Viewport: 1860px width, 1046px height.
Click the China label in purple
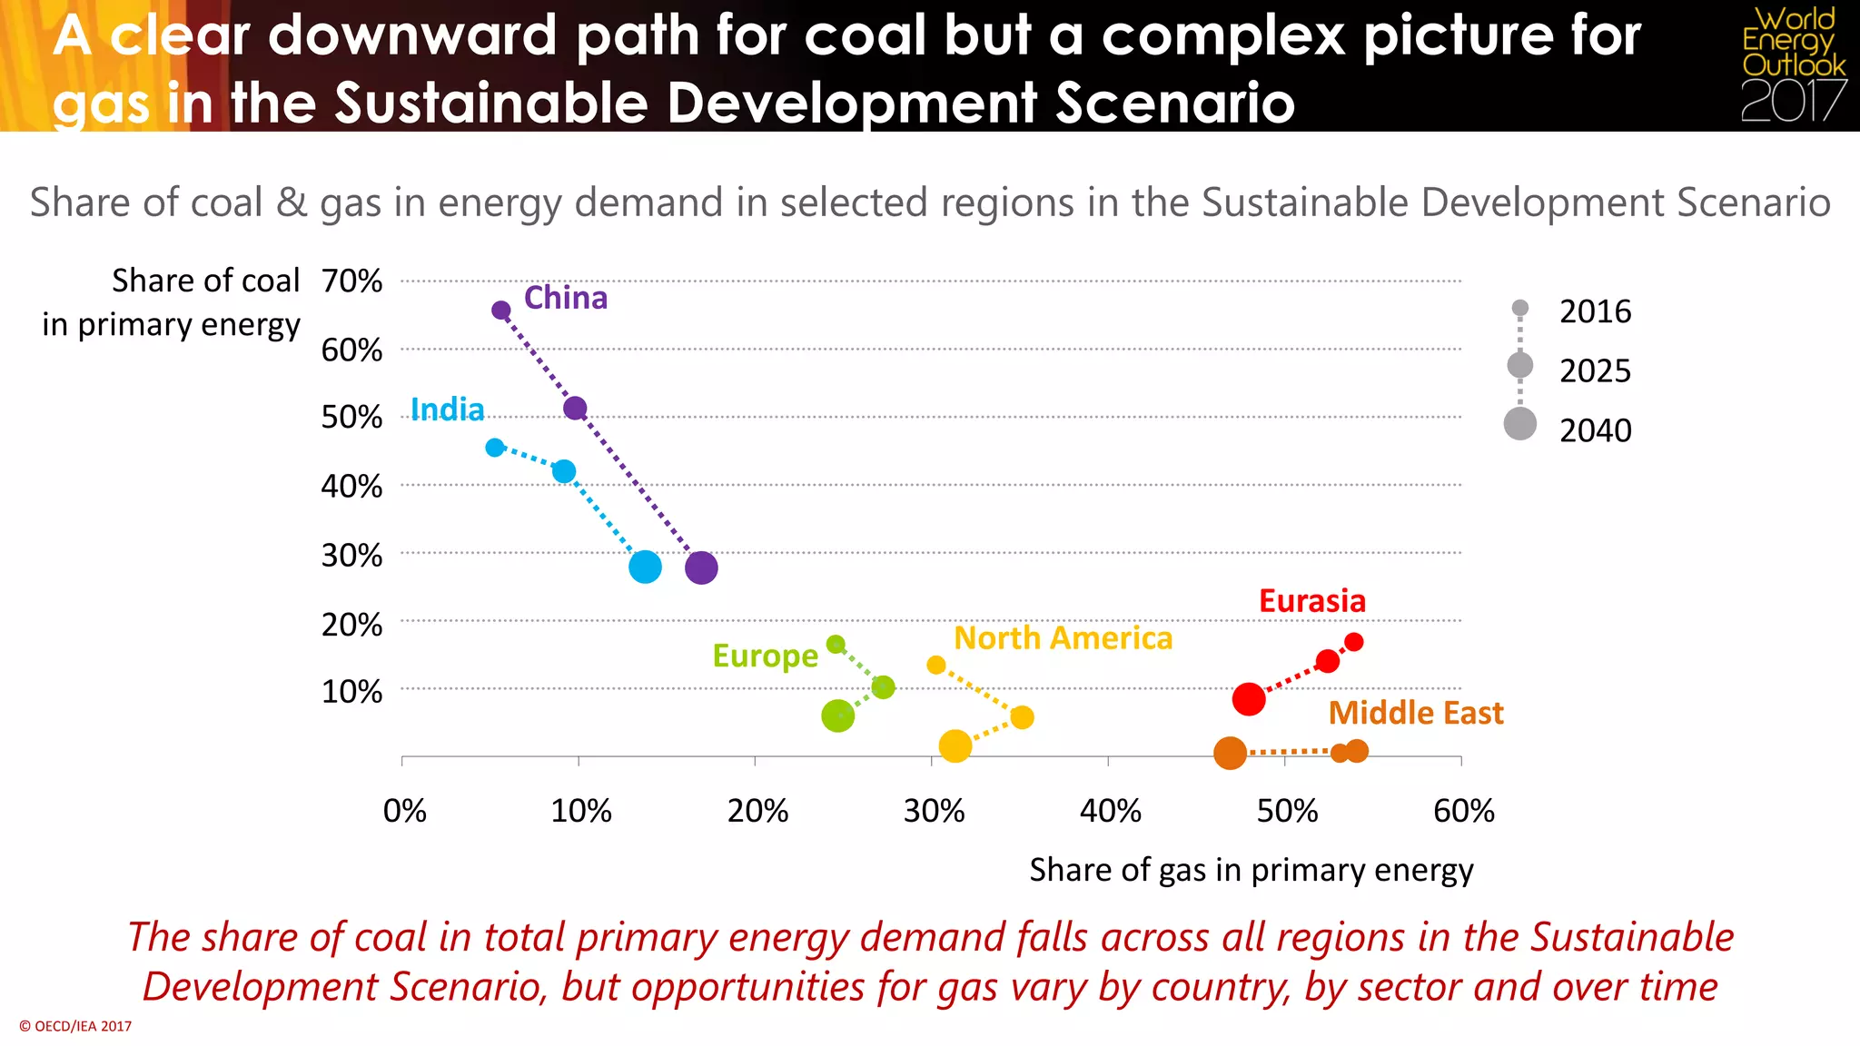click(x=565, y=298)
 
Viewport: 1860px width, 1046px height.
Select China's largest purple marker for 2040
click(x=701, y=568)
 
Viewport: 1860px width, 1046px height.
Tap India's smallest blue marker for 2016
click(x=495, y=448)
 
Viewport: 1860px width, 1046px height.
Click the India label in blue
click(x=447, y=410)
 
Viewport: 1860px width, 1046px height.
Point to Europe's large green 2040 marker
click(x=837, y=716)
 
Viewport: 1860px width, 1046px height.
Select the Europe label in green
click(x=765, y=656)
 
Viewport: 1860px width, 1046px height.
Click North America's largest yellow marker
click(x=955, y=746)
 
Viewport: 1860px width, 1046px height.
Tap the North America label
click(x=1063, y=638)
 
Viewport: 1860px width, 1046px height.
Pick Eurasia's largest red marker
click(x=1249, y=699)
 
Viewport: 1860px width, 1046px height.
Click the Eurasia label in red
click(x=1311, y=601)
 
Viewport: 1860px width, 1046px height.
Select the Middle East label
click(x=1415, y=713)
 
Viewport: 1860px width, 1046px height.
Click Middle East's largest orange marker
click(x=1230, y=753)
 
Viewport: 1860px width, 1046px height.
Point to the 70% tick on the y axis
click(x=352, y=281)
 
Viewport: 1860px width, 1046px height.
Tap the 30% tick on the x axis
click(x=934, y=811)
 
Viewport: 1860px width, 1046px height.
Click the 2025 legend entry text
click(x=1595, y=371)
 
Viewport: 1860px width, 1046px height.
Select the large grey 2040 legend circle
click(x=1519, y=424)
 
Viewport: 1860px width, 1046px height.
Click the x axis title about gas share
click(x=1251, y=870)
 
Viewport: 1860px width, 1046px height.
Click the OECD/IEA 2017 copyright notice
click(x=75, y=1026)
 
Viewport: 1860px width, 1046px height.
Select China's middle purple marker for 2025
click(x=575, y=409)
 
